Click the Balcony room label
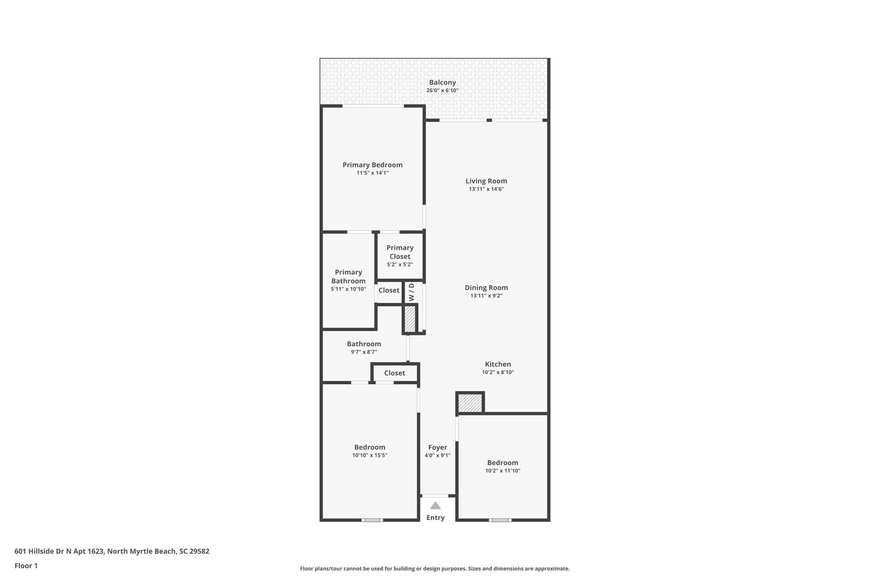coord(442,82)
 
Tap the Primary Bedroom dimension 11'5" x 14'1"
coord(373,173)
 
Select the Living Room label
coord(486,181)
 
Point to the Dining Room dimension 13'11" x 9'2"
coord(486,296)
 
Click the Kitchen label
coord(498,364)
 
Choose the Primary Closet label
coord(400,252)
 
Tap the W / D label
coord(411,292)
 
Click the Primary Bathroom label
coord(348,277)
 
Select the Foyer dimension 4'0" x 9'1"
coord(438,456)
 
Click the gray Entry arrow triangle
coord(435,506)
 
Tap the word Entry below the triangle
coord(435,518)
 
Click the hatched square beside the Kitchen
coord(470,403)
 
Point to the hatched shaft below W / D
coord(410,319)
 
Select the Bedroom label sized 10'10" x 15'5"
coord(370,447)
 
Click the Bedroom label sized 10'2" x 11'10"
coord(503,463)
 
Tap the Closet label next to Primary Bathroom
coord(389,291)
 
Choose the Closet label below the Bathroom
coord(394,373)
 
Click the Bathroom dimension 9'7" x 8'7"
coord(364,352)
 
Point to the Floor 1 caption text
coord(26,566)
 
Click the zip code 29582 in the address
coord(200,551)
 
